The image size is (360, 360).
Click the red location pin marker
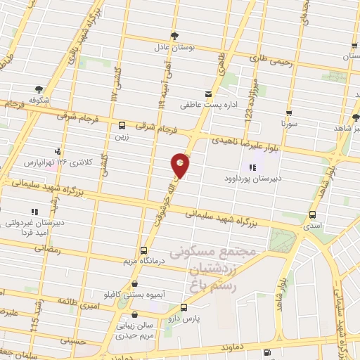pos(181,165)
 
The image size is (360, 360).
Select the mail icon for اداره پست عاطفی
pos(207,94)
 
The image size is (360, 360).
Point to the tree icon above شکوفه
pos(39,89)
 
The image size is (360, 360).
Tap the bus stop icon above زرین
pos(123,120)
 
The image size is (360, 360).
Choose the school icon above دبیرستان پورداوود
pos(252,167)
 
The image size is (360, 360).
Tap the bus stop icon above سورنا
pos(288,112)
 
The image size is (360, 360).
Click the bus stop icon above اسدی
pos(312,216)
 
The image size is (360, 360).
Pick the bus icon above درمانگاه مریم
pos(144,250)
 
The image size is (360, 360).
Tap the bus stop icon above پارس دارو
pos(184,308)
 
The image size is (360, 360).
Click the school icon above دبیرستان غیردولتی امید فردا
pos(34,211)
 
